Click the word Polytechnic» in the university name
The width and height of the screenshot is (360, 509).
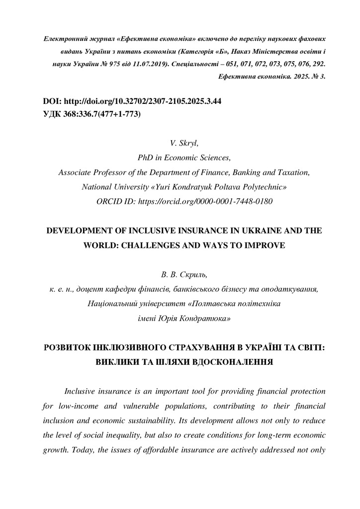coord(265,187)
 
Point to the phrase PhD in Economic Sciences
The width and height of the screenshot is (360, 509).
coord(184,159)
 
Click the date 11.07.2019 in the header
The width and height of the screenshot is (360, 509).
coord(152,64)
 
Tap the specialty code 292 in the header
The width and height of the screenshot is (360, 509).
coord(319,64)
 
